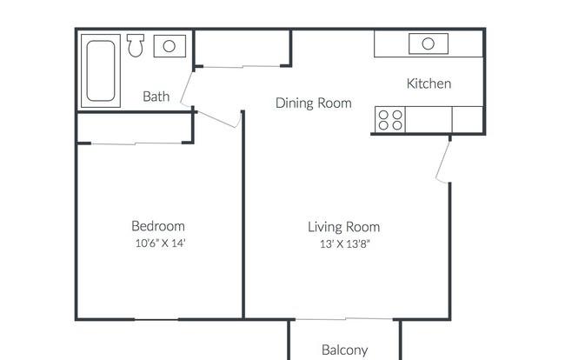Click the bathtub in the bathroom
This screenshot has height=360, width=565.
point(101,71)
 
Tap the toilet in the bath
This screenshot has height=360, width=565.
point(136,45)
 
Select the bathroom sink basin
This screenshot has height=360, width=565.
point(169,46)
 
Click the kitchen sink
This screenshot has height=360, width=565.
point(429,43)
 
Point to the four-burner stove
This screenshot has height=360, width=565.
point(390,120)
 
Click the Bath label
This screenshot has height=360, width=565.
point(156,97)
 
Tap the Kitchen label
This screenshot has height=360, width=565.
point(429,83)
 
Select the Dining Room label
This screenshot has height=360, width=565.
point(314,103)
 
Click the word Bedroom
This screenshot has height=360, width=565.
point(158,226)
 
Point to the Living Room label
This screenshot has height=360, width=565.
point(343,227)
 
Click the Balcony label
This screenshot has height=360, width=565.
point(345,350)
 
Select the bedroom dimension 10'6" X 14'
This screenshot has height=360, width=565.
point(160,243)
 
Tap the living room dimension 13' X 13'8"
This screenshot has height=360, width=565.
point(345,244)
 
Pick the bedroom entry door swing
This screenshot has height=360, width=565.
point(219,120)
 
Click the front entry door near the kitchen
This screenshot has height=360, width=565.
point(442,161)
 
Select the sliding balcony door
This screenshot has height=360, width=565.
point(343,319)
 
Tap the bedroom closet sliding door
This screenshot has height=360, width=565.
point(136,143)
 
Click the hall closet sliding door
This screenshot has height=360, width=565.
point(243,66)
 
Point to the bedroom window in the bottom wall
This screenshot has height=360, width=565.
point(156,319)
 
